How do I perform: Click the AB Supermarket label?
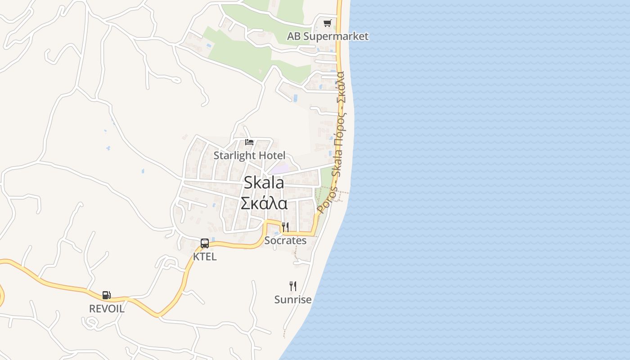pos(328,36)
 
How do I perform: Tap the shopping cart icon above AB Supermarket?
pos(328,23)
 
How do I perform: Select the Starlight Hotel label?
pos(249,156)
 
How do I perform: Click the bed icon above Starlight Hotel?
pos(249,142)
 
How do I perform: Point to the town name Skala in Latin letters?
pos(264,183)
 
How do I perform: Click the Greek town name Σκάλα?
pos(264,203)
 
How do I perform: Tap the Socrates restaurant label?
pos(285,241)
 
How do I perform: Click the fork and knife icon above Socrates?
pos(285,227)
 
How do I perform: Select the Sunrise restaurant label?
pos(293,299)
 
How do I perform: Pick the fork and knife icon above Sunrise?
pos(293,286)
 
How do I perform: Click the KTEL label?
pos(205,257)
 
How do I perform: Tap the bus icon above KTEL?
pos(205,243)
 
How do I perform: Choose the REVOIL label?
pos(107,309)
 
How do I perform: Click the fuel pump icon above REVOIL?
pos(107,295)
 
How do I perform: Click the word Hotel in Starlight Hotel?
pos(272,156)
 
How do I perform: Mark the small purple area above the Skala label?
pos(280,169)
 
